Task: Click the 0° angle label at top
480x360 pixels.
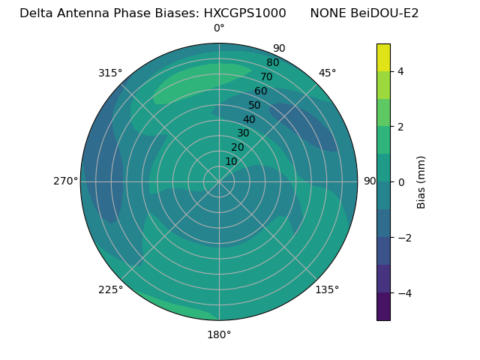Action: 219,28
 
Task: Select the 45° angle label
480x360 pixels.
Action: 327,73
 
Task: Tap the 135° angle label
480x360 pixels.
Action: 327,289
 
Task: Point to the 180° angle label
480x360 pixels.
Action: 219,334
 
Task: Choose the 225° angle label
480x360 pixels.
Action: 110,289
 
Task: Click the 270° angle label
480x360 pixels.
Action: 66,181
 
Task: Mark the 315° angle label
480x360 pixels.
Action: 110,73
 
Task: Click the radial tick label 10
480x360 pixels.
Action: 231,161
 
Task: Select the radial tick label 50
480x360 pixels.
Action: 254,105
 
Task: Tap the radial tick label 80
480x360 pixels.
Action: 272,62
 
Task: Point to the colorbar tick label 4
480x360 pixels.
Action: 400,71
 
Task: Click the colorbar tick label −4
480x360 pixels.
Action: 403,293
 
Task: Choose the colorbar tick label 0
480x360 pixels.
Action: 400,182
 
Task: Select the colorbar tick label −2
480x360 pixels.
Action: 403,238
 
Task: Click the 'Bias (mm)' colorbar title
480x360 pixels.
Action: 421,181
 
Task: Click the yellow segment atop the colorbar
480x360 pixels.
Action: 383,57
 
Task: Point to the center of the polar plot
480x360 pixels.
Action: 219,181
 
